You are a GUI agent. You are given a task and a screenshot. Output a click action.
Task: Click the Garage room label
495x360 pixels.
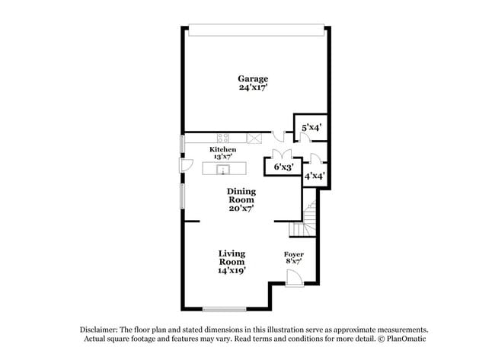click(253, 78)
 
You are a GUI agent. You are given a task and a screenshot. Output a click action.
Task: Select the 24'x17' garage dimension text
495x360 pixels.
click(253, 88)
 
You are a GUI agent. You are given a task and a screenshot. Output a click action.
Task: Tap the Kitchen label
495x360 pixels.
click(222, 150)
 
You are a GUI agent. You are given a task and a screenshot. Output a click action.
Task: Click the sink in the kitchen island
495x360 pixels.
click(225, 168)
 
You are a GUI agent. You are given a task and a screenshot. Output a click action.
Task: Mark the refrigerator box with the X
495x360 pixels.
click(255, 138)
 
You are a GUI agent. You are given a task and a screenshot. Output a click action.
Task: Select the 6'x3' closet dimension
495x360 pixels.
click(283, 167)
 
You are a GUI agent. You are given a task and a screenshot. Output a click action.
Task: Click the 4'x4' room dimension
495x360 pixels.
click(315, 176)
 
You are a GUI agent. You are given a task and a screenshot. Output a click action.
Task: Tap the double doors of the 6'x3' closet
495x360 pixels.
click(283, 155)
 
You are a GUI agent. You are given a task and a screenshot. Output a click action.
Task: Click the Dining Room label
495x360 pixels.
click(241, 196)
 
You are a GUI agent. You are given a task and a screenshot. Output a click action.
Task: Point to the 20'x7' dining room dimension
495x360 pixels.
click(241, 207)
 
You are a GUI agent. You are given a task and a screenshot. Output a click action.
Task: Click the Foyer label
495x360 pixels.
click(293, 254)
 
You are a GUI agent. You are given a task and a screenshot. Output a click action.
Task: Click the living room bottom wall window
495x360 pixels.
click(224, 308)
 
